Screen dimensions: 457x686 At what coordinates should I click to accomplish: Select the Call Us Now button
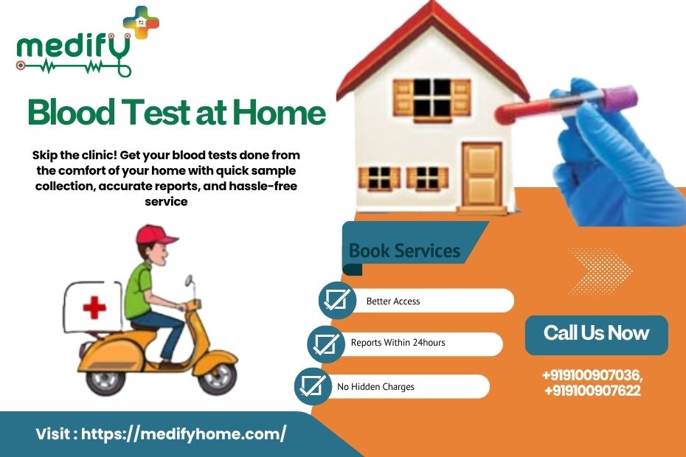point(596,334)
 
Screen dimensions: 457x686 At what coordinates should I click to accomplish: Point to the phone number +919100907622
point(592,391)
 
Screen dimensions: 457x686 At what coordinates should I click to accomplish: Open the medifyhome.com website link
point(183,434)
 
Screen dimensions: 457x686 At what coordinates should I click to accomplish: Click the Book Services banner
point(404,251)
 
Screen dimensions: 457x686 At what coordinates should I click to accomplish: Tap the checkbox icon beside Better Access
point(338,300)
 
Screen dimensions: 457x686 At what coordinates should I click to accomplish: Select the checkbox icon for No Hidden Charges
point(313,386)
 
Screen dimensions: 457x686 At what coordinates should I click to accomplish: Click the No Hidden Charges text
point(375,387)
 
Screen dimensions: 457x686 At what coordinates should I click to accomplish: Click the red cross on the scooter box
point(94,307)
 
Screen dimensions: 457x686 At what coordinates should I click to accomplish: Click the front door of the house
point(482,175)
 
